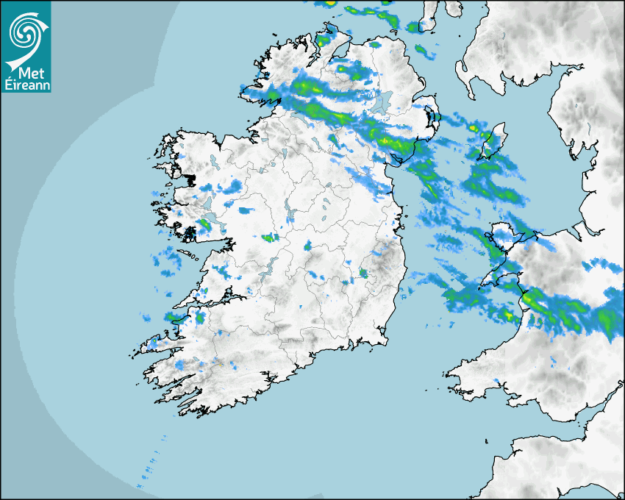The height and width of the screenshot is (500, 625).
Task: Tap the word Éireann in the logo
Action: (26, 85)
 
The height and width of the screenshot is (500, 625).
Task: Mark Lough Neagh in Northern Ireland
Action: (380, 102)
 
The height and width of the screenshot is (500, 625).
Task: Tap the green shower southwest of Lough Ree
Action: (271, 238)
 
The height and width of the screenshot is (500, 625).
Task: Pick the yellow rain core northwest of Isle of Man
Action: (474, 129)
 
